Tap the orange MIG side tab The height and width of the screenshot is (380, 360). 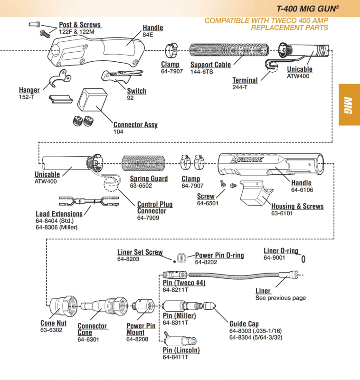[x=349, y=105]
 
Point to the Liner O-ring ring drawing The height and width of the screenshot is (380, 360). [x=303, y=258]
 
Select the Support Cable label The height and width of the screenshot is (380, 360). [x=210, y=65]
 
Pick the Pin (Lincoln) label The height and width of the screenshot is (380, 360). [x=181, y=350]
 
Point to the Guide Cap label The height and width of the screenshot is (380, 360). [x=244, y=324]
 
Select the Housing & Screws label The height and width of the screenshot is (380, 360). [x=297, y=206]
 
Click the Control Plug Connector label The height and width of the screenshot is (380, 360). [x=155, y=208]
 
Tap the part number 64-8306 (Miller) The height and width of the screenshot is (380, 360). [x=56, y=228]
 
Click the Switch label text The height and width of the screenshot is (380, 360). [x=136, y=91]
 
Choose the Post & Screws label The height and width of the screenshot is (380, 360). [x=80, y=25]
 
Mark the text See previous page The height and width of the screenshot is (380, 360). [x=280, y=298]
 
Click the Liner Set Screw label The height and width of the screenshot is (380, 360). [x=140, y=252]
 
